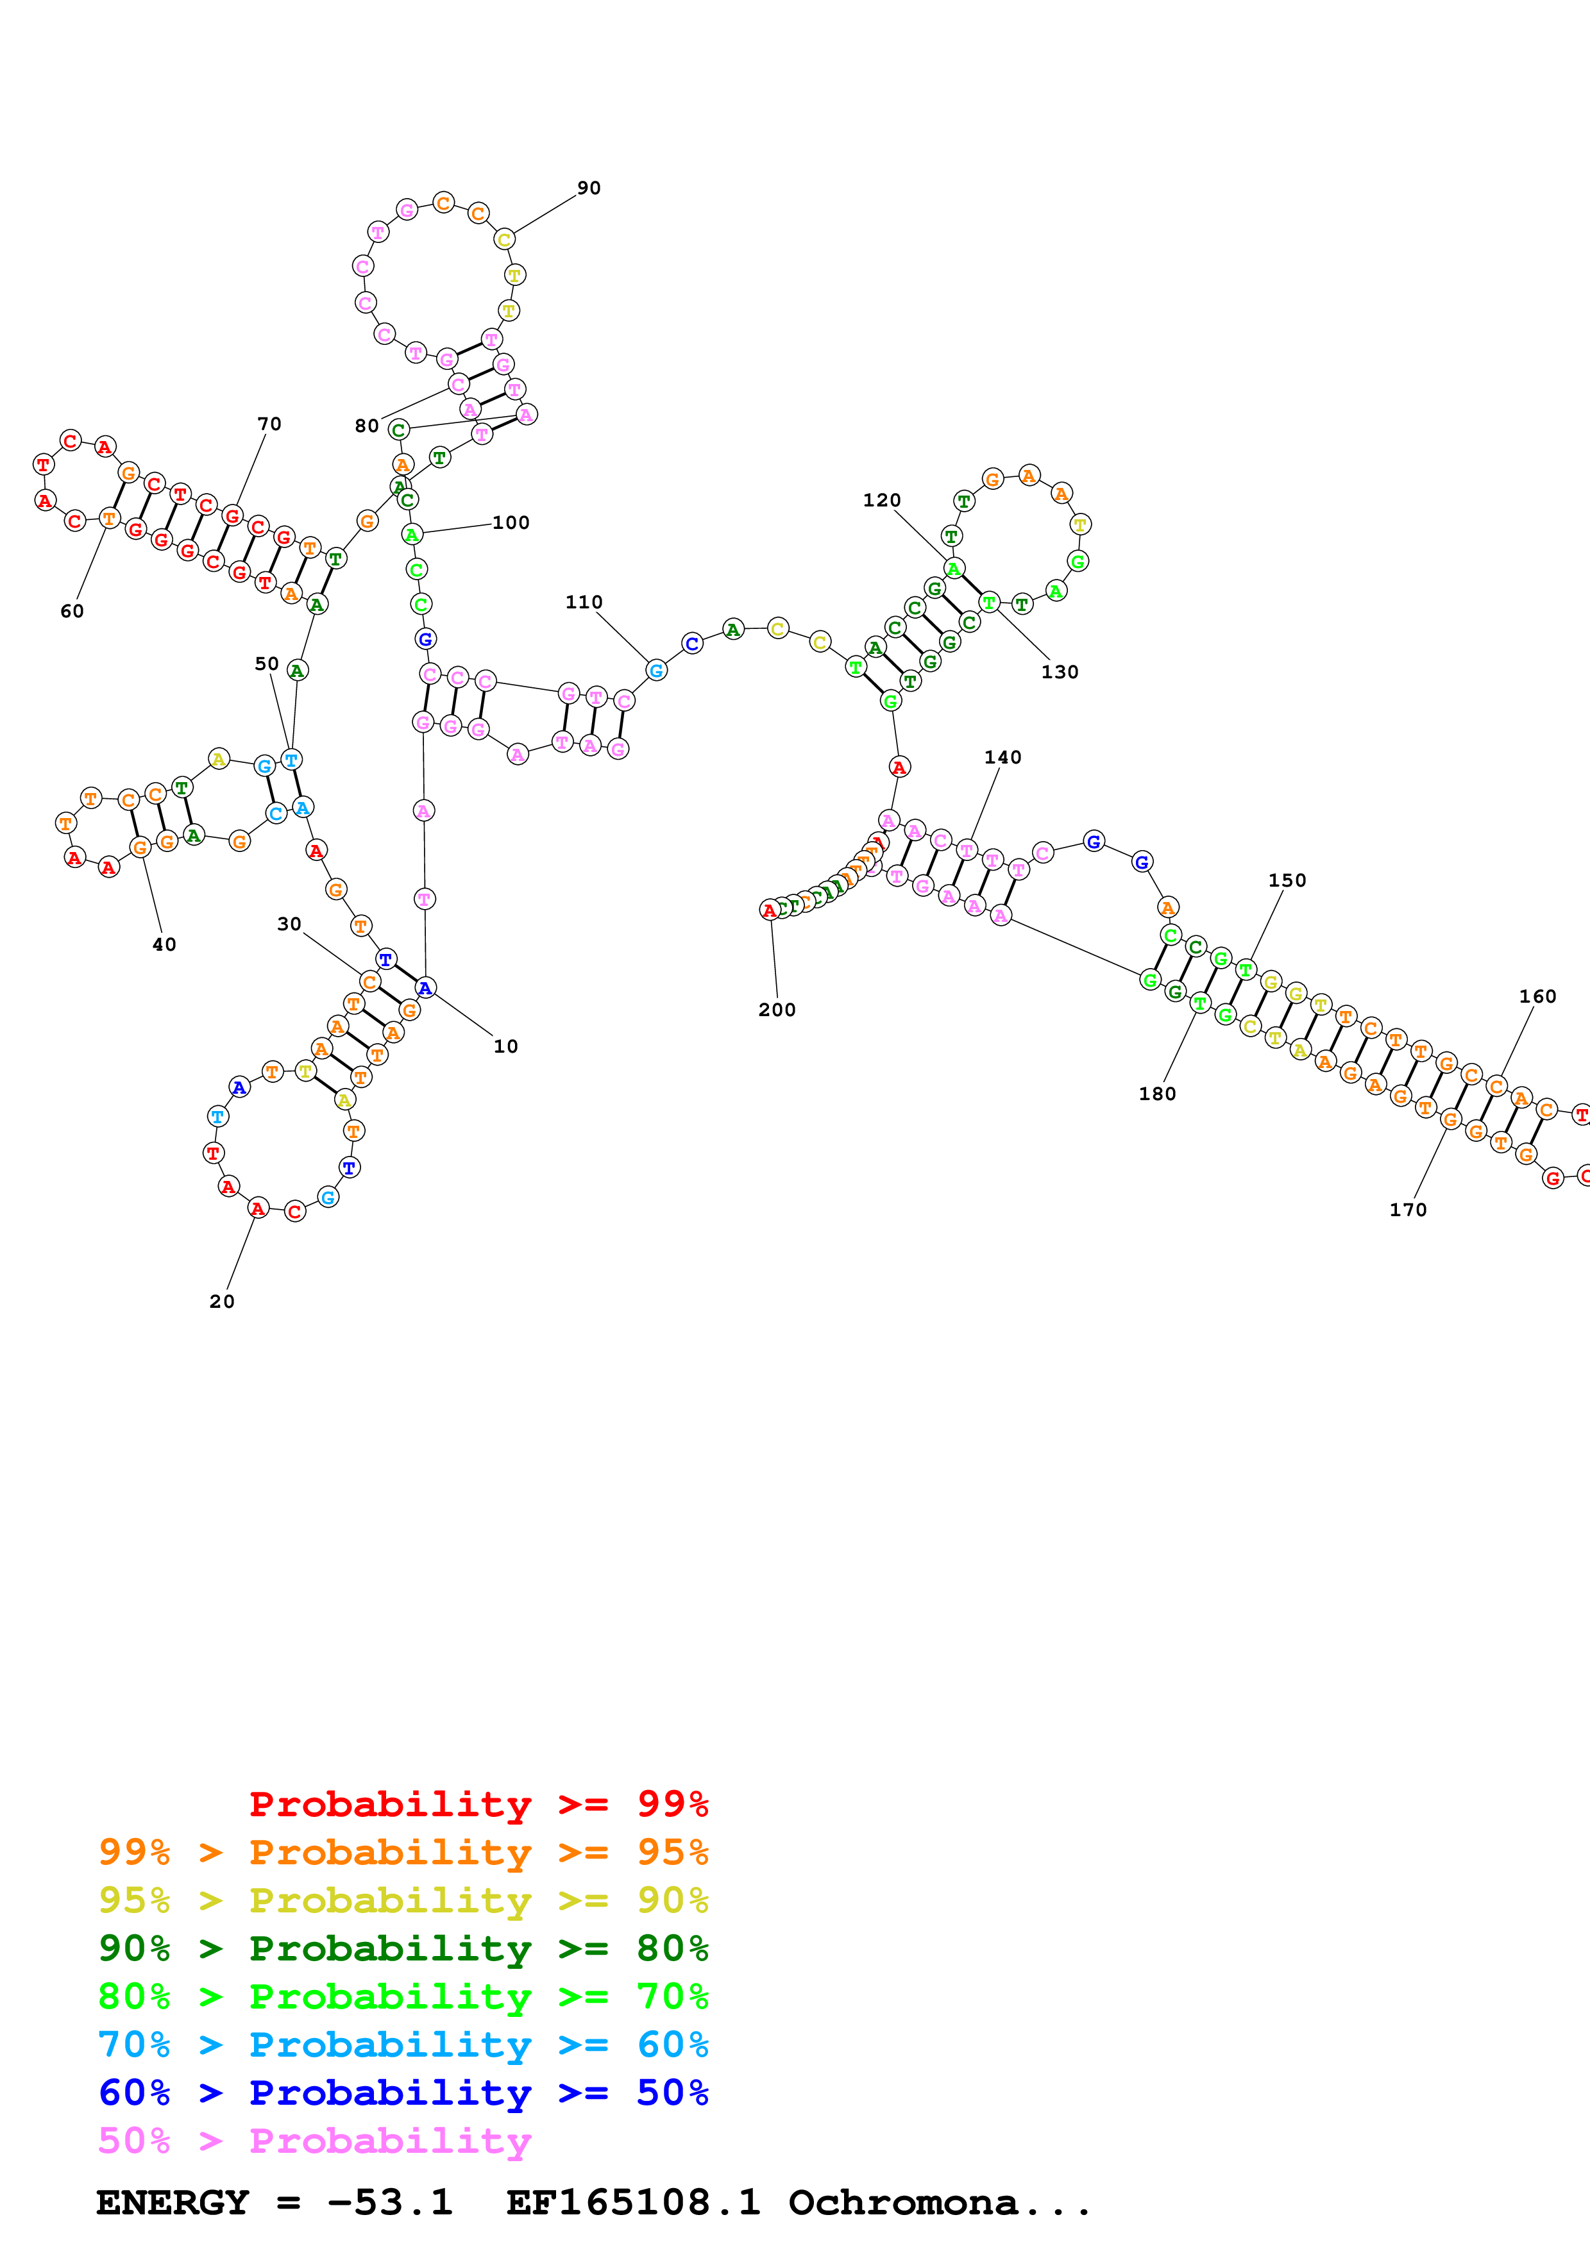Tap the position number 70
pos(269,424)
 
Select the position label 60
pos(72,611)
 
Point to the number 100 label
pos(511,523)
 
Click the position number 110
pos(584,603)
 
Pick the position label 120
pos(882,501)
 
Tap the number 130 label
pos(1060,672)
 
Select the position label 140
pos(1002,757)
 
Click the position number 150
pos(1287,881)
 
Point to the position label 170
pos(1408,1210)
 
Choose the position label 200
pos(777,1010)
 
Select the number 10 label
pos(505,1046)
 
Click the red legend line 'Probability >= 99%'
pos(478,1804)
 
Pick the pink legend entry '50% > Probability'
pos(314,2141)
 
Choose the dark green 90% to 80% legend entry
pos(403,1948)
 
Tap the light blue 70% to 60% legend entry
pos(403,2045)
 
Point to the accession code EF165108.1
pos(633,2203)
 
